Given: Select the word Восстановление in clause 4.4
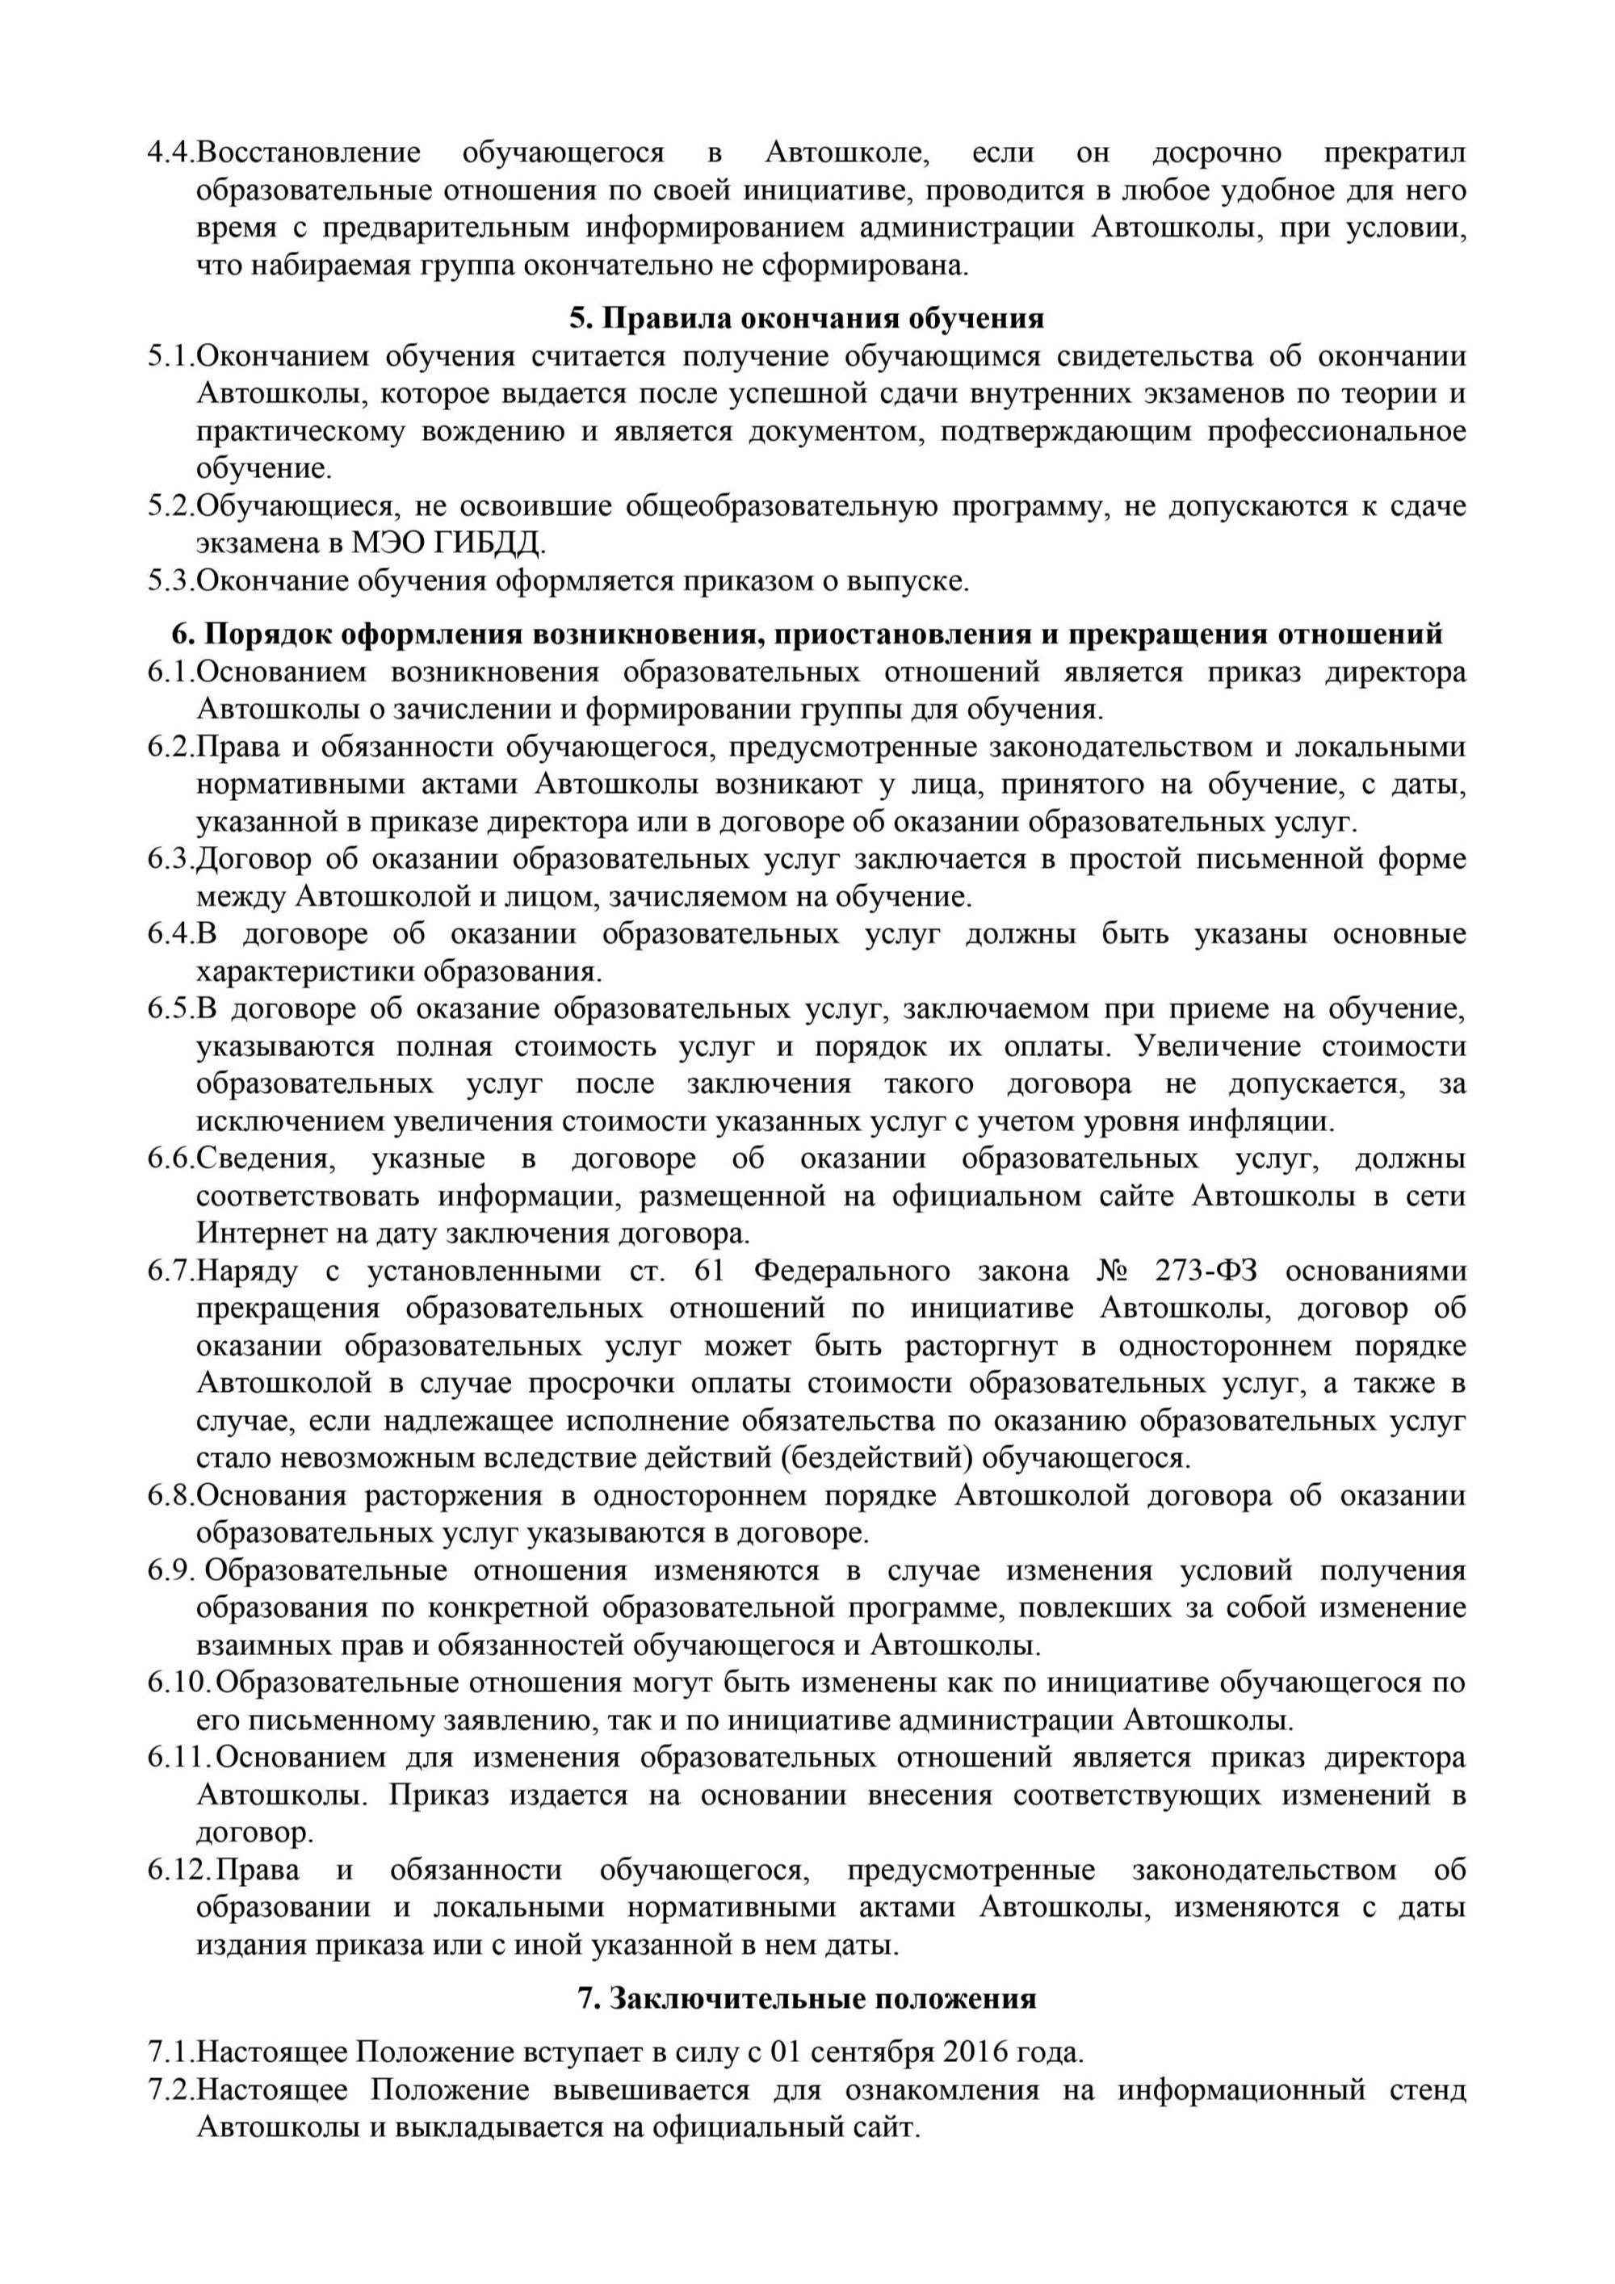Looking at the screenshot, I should pyautogui.click(x=308, y=153).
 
